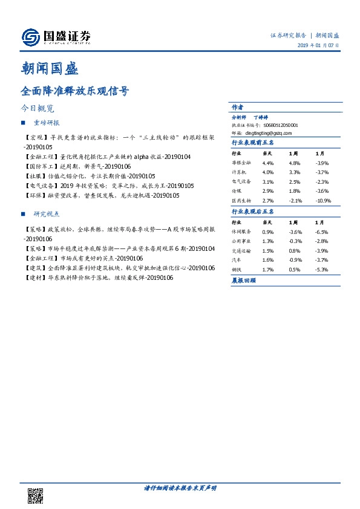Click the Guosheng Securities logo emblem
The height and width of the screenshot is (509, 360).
click(29, 38)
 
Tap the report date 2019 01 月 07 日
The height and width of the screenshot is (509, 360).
click(318, 47)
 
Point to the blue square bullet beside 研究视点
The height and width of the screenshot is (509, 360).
click(23, 214)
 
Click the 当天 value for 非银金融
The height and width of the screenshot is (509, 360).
click(268, 163)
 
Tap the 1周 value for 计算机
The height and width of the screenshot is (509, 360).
click(294, 172)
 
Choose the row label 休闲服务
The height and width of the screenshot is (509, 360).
click(241, 232)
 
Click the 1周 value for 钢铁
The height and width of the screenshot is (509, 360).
click(294, 269)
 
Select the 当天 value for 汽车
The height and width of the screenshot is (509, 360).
click(268, 259)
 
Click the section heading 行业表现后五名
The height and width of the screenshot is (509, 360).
click(253, 212)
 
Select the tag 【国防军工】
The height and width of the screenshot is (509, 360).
click(36, 166)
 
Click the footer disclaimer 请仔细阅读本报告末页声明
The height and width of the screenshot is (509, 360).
click(180, 487)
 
